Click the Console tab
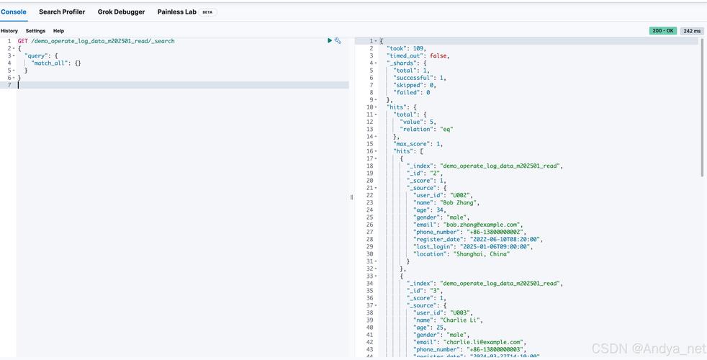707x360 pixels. [14, 12]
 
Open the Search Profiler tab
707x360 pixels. [62, 12]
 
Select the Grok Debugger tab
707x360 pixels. [121, 12]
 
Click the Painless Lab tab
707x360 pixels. [176, 12]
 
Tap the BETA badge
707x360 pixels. [207, 12]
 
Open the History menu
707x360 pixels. [9, 31]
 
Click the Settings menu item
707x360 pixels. [35, 31]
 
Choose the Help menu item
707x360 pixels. [59, 31]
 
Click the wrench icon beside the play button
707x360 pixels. [338, 41]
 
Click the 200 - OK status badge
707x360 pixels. [662, 31]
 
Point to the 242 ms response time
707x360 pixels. [692, 31]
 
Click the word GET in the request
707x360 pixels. [23, 41]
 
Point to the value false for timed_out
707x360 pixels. [438, 55]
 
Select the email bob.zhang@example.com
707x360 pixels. [482, 225]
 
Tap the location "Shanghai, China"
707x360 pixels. [480, 254]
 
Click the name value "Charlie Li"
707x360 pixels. [461, 320]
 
